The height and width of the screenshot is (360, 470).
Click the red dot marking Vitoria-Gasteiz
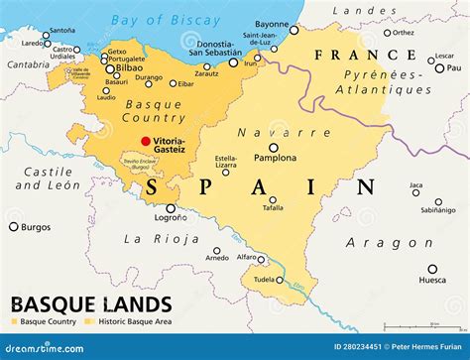(x=147, y=142)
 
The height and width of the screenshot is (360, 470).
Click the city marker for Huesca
(x=431, y=269)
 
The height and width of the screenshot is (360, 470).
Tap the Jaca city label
(x=416, y=184)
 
